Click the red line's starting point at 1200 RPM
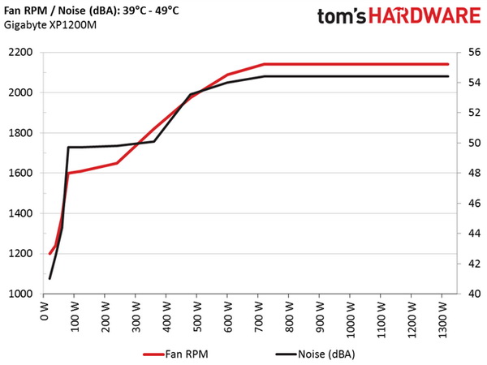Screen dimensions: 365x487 [x=50, y=253]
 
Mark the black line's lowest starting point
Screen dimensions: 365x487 [x=50, y=278]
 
